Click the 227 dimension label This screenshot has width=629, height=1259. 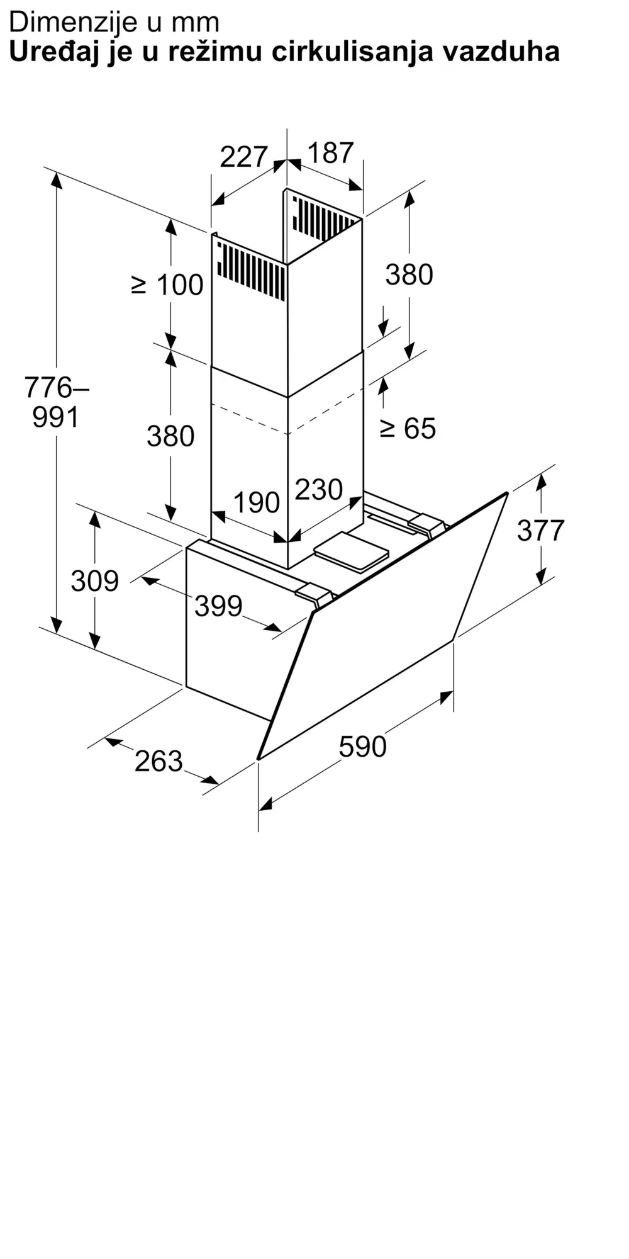point(244,157)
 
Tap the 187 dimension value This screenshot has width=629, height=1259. point(331,153)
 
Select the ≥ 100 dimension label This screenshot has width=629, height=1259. point(167,285)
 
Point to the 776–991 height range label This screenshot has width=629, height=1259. point(56,402)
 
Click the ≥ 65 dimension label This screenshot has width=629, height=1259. point(408,429)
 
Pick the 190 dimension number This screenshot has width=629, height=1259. point(257,502)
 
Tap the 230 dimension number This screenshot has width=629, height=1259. point(319,490)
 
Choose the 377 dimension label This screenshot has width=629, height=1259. point(541,531)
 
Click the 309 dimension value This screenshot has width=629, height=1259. point(94,581)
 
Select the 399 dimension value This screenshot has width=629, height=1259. point(218,606)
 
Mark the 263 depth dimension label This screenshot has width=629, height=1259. point(159,762)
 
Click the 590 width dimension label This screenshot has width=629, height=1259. point(362,747)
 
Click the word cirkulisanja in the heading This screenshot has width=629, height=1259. point(353,52)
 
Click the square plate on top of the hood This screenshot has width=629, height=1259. point(351,551)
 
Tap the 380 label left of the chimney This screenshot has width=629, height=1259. point(170,436)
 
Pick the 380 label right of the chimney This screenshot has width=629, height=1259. point(409,275)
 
